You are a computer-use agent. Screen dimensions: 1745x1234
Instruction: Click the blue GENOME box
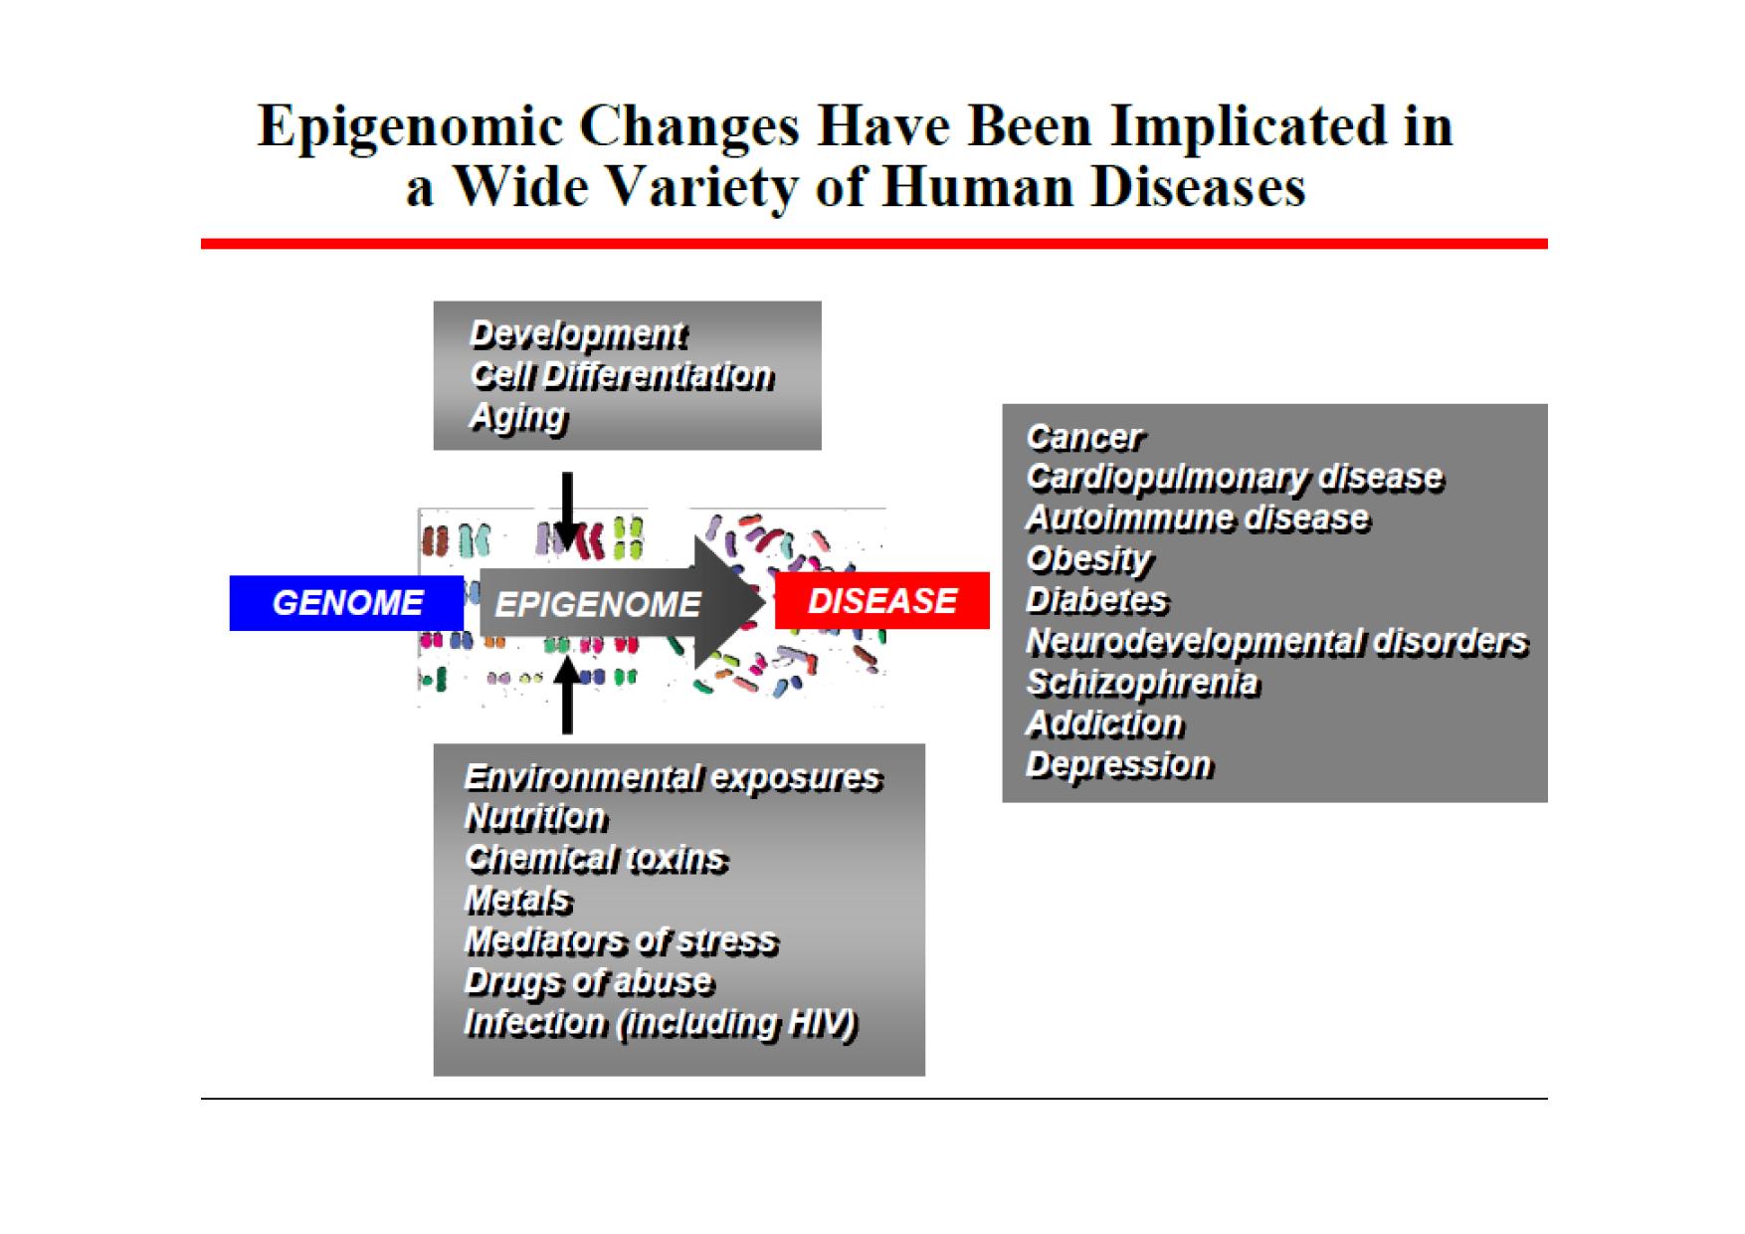pyautogui.click(x=346, y=603)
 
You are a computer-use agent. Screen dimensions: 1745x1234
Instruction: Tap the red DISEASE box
pyautogui.click(x=882, y=601)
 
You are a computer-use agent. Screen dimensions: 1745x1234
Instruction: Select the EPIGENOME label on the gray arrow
pyautogui.click(x=598, y=604)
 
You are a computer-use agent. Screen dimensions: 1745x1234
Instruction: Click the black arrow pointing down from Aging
pyautogui.click(x=567, y=511)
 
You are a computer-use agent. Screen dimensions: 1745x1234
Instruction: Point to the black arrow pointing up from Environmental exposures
pyautogui.click(x=567, y=695)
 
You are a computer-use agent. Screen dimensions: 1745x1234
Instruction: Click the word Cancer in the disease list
pyautogui.click(x=1084, y=438)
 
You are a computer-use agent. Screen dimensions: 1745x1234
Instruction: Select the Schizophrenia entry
pyautogui.click(x=1142, y=684)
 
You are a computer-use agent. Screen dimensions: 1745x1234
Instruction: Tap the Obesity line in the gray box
pyautogui.click(x=1088, y=560)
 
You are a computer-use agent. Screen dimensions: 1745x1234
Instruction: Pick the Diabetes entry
pyautogui.click(x=1097, y=601)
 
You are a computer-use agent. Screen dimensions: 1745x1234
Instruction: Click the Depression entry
pyautogui.click(x=1119, y=765)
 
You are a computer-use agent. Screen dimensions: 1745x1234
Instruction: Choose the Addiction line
pyautogui.click(x=1104, y=723)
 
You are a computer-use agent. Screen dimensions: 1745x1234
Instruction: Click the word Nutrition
pyautogui.click(x=535, y=818)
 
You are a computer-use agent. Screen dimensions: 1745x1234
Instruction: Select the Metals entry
pyautogui.click(x=518, y=901)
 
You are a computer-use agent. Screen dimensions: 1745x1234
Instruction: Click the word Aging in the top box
pyautogui.click(x=518, y=417)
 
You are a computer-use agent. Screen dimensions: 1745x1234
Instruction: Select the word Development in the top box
pyautogui.click(x=578, y=335)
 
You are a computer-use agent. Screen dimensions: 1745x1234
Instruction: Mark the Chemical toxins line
pyautogui.click(x=596, y=859)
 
